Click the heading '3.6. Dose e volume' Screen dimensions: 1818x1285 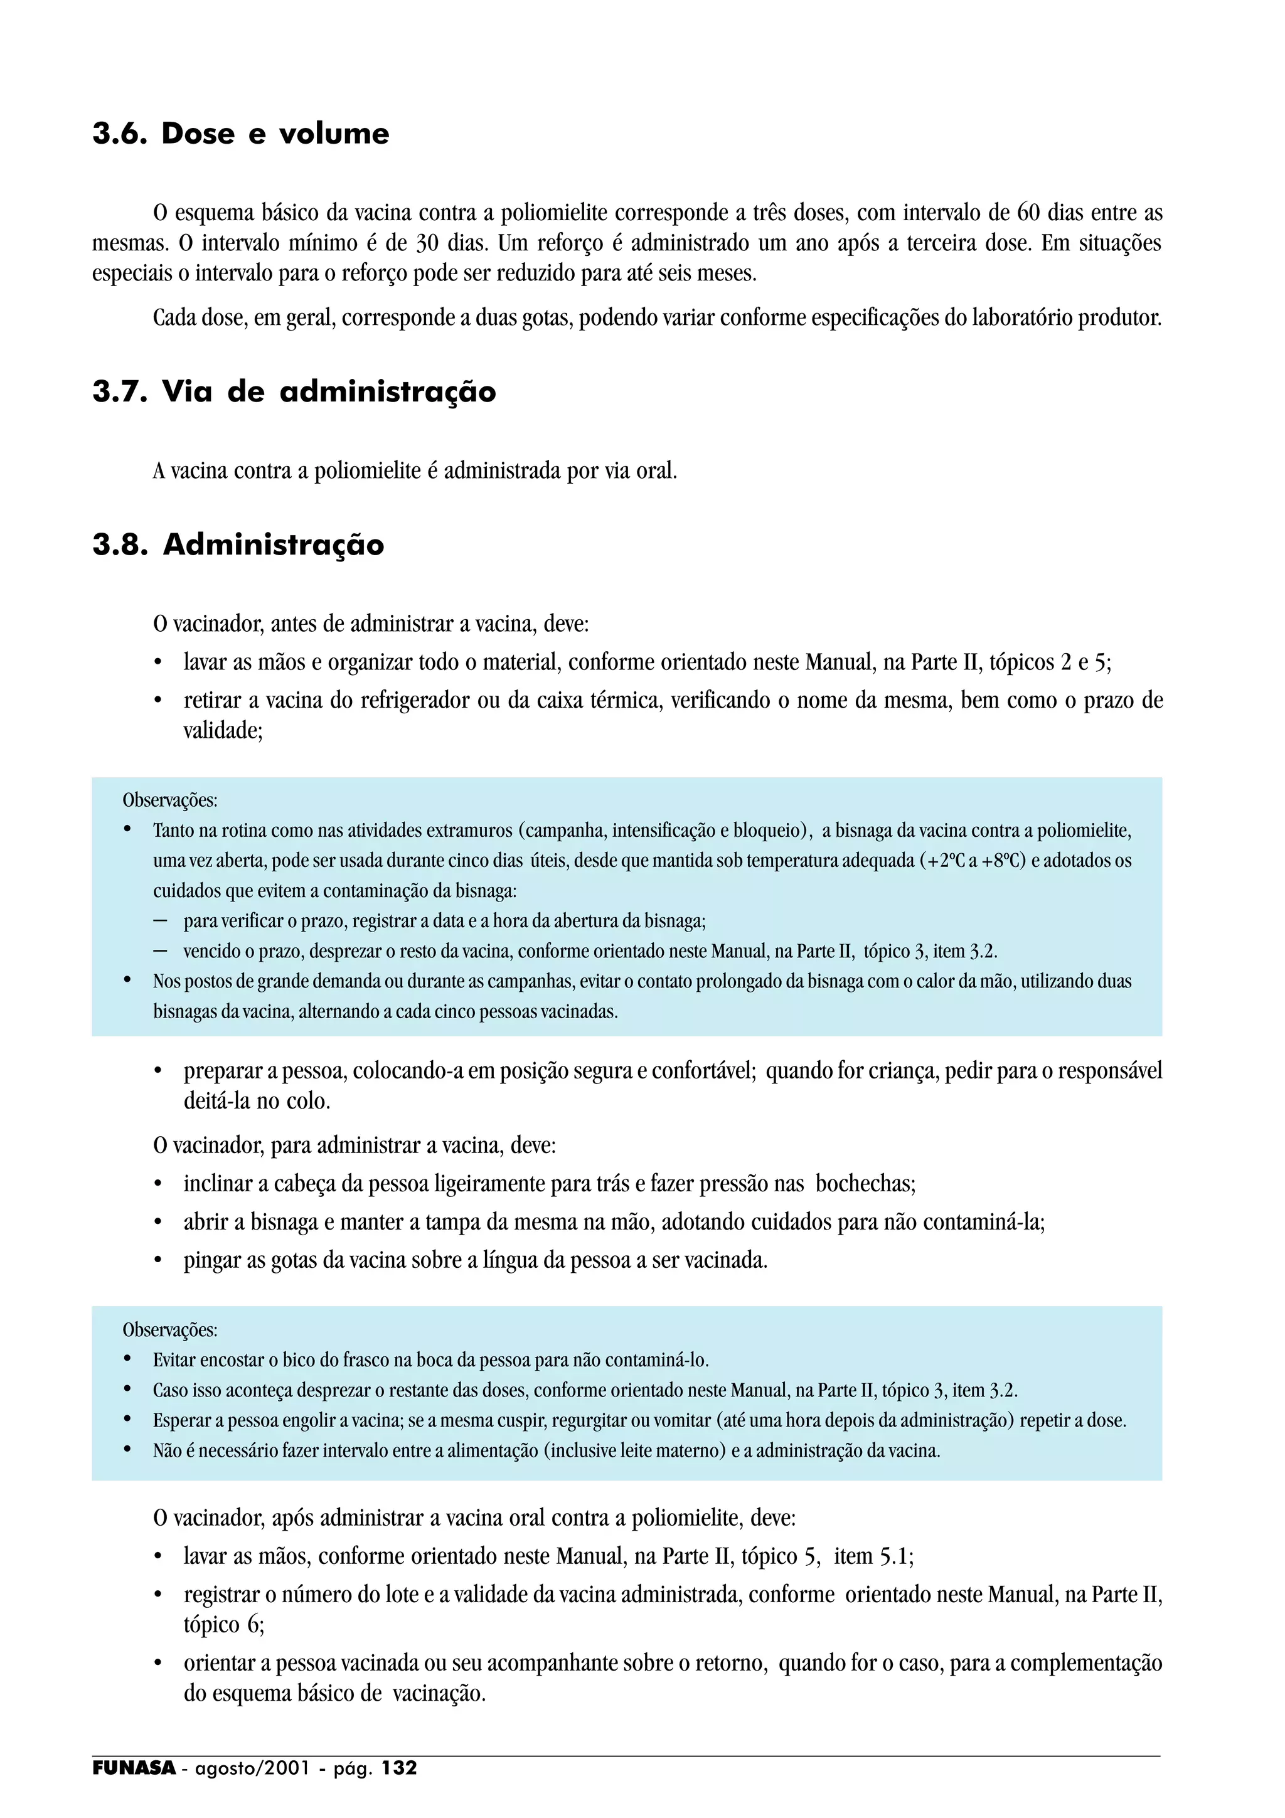[x=241, y=134]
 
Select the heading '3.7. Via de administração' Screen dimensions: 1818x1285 [x=294, y=392]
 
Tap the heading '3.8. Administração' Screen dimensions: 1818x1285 [x=238, y=545]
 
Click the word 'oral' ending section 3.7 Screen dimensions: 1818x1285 [x=656, y=471]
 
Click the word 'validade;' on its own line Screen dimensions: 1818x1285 [x=223, y=731]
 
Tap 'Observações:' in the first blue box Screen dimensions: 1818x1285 [x=169, y=800]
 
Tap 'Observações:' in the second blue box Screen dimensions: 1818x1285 [x=169, y=1329]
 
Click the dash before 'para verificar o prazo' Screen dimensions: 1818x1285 [x=161, y=922]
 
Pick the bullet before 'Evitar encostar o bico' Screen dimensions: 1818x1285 [x=127, y=1360]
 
